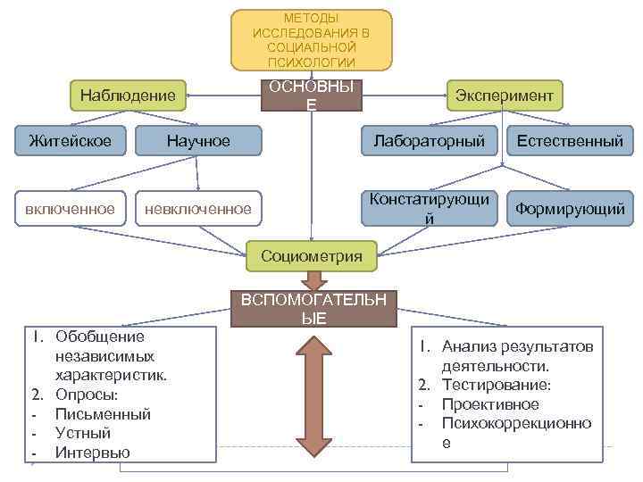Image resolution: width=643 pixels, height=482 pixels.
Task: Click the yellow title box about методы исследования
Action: point(311,40)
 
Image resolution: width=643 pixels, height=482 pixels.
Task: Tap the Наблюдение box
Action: point(128,95)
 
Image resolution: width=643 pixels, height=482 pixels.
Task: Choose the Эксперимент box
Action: point(504,95)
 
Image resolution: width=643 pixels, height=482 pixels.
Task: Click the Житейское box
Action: point(70,141)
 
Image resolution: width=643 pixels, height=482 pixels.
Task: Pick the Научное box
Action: point(198,141)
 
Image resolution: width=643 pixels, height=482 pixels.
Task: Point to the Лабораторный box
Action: point(429,141)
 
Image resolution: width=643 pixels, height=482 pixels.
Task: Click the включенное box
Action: point(70,209)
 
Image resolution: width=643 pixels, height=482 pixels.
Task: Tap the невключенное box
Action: point(198,209)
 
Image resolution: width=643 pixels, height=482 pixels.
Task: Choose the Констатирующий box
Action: point(430,208)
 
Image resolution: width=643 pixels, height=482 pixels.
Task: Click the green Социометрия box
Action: point(312,256)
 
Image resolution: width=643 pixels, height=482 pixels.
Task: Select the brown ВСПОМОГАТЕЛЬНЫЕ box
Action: point(313,309)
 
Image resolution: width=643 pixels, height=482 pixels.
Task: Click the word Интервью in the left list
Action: point(92,453)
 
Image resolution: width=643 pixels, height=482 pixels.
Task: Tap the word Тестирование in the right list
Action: point(496,385)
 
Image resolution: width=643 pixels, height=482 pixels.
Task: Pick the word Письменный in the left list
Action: point(103,413)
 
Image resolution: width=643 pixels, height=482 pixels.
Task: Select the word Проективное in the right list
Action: point(490,404)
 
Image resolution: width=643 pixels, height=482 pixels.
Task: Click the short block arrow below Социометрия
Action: point(312,281)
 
